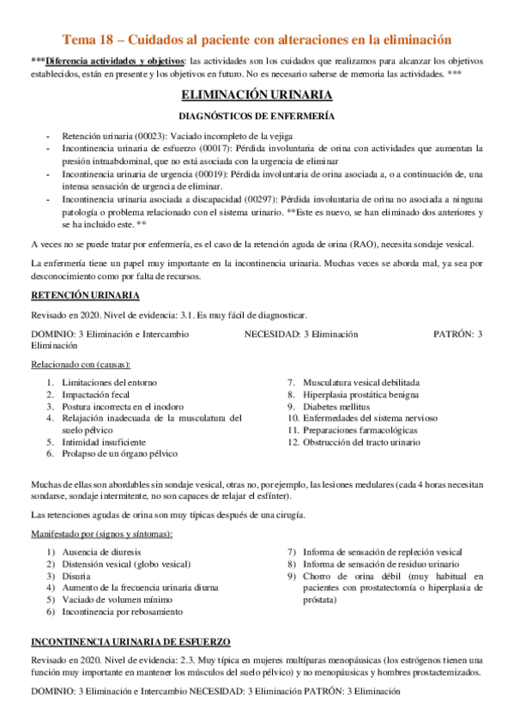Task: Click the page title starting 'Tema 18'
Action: (257, 39)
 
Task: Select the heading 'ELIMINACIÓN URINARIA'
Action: (256, 95)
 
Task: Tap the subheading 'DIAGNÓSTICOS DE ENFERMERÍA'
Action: (256, 116)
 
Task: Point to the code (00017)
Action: (212, 148)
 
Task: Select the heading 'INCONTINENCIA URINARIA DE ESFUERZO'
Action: (130, 641)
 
